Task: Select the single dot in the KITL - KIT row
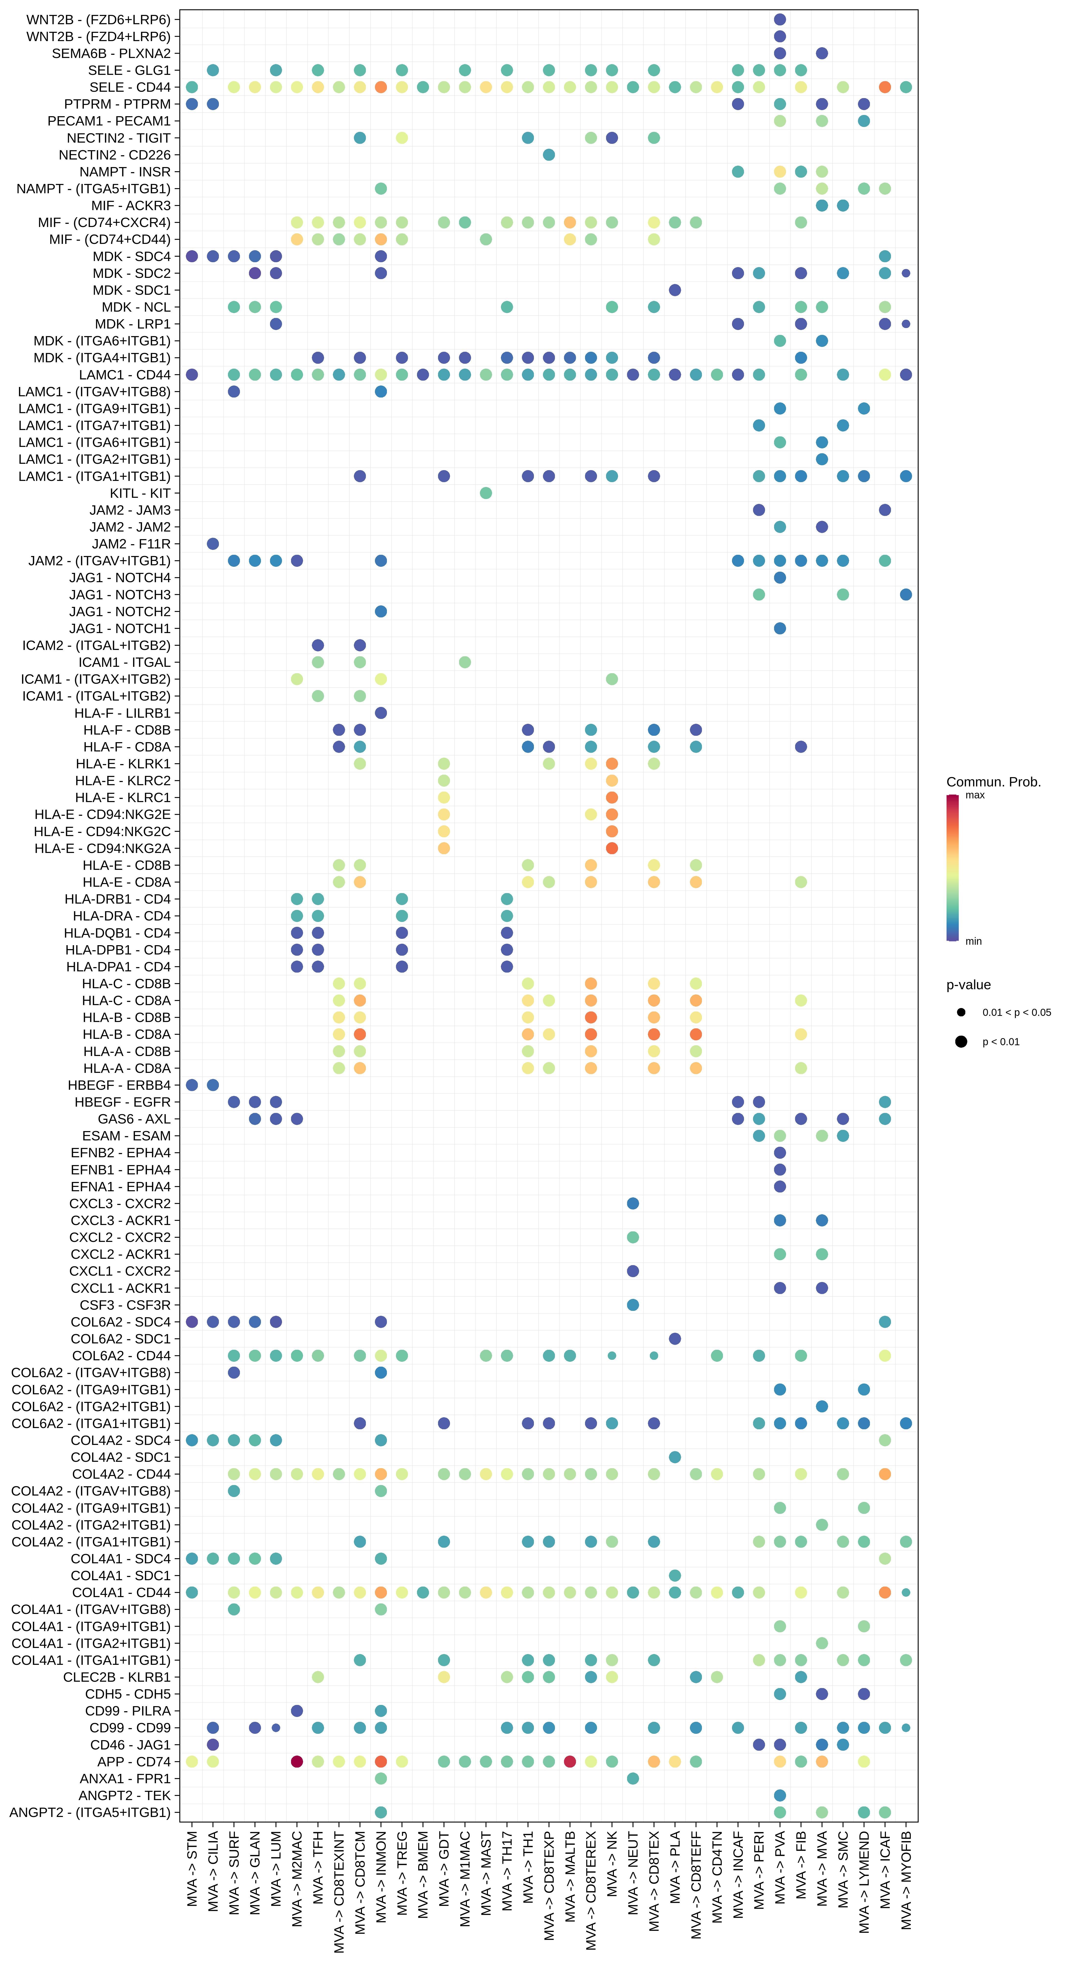485,493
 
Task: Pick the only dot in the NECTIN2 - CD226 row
549,155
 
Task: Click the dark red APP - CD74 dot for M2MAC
297,1761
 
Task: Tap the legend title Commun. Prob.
993,782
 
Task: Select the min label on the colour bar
973,941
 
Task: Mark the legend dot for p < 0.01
961,1042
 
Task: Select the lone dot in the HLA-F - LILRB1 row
381,713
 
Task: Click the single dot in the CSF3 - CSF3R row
632,1305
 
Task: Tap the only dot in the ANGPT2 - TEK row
780,1795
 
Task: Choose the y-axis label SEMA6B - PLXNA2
111,53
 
